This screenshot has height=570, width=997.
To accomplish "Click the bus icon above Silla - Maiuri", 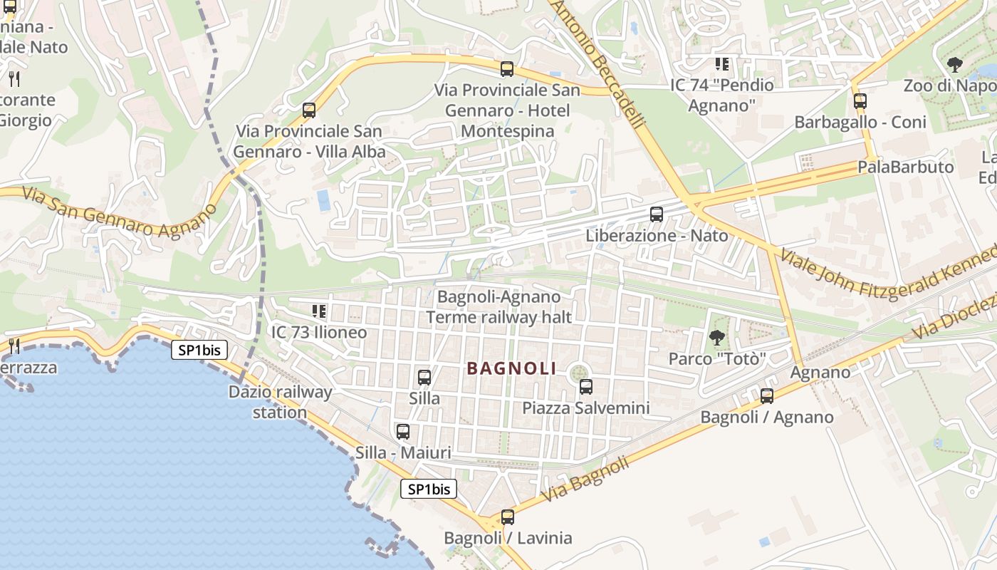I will (x=403, y=431).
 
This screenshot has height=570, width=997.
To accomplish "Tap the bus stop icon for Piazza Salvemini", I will (x=586, y=387).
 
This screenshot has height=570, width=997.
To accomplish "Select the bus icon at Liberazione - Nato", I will (x=657, y=214).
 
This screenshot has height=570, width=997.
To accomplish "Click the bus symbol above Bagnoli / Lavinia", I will (x=507, y=517).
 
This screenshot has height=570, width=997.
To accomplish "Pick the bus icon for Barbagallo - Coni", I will (x=860, y=100).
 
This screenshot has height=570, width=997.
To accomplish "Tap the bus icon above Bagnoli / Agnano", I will (x=767, y=395).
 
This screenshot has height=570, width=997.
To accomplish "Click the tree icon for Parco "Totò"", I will (x=716, y=337).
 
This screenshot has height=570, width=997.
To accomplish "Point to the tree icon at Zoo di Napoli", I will (x=954, y=65).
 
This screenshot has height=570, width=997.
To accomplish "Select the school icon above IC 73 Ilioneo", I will (x=319, y=311).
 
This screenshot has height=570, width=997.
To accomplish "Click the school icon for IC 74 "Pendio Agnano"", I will (x=722, y=64).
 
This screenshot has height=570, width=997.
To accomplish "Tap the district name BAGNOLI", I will (x=511, y=368).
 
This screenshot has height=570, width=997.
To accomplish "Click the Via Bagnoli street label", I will (x=585, y=479).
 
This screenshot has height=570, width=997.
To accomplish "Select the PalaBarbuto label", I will (x=905, y=167).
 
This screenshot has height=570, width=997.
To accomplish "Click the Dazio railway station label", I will (x=280, y=402).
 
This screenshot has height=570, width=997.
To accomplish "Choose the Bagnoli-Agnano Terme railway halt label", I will (x=499, y=306).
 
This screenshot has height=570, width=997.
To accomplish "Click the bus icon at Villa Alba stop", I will (x=309, y=110).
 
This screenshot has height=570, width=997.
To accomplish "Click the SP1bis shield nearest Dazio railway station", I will (x=199, y=350).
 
